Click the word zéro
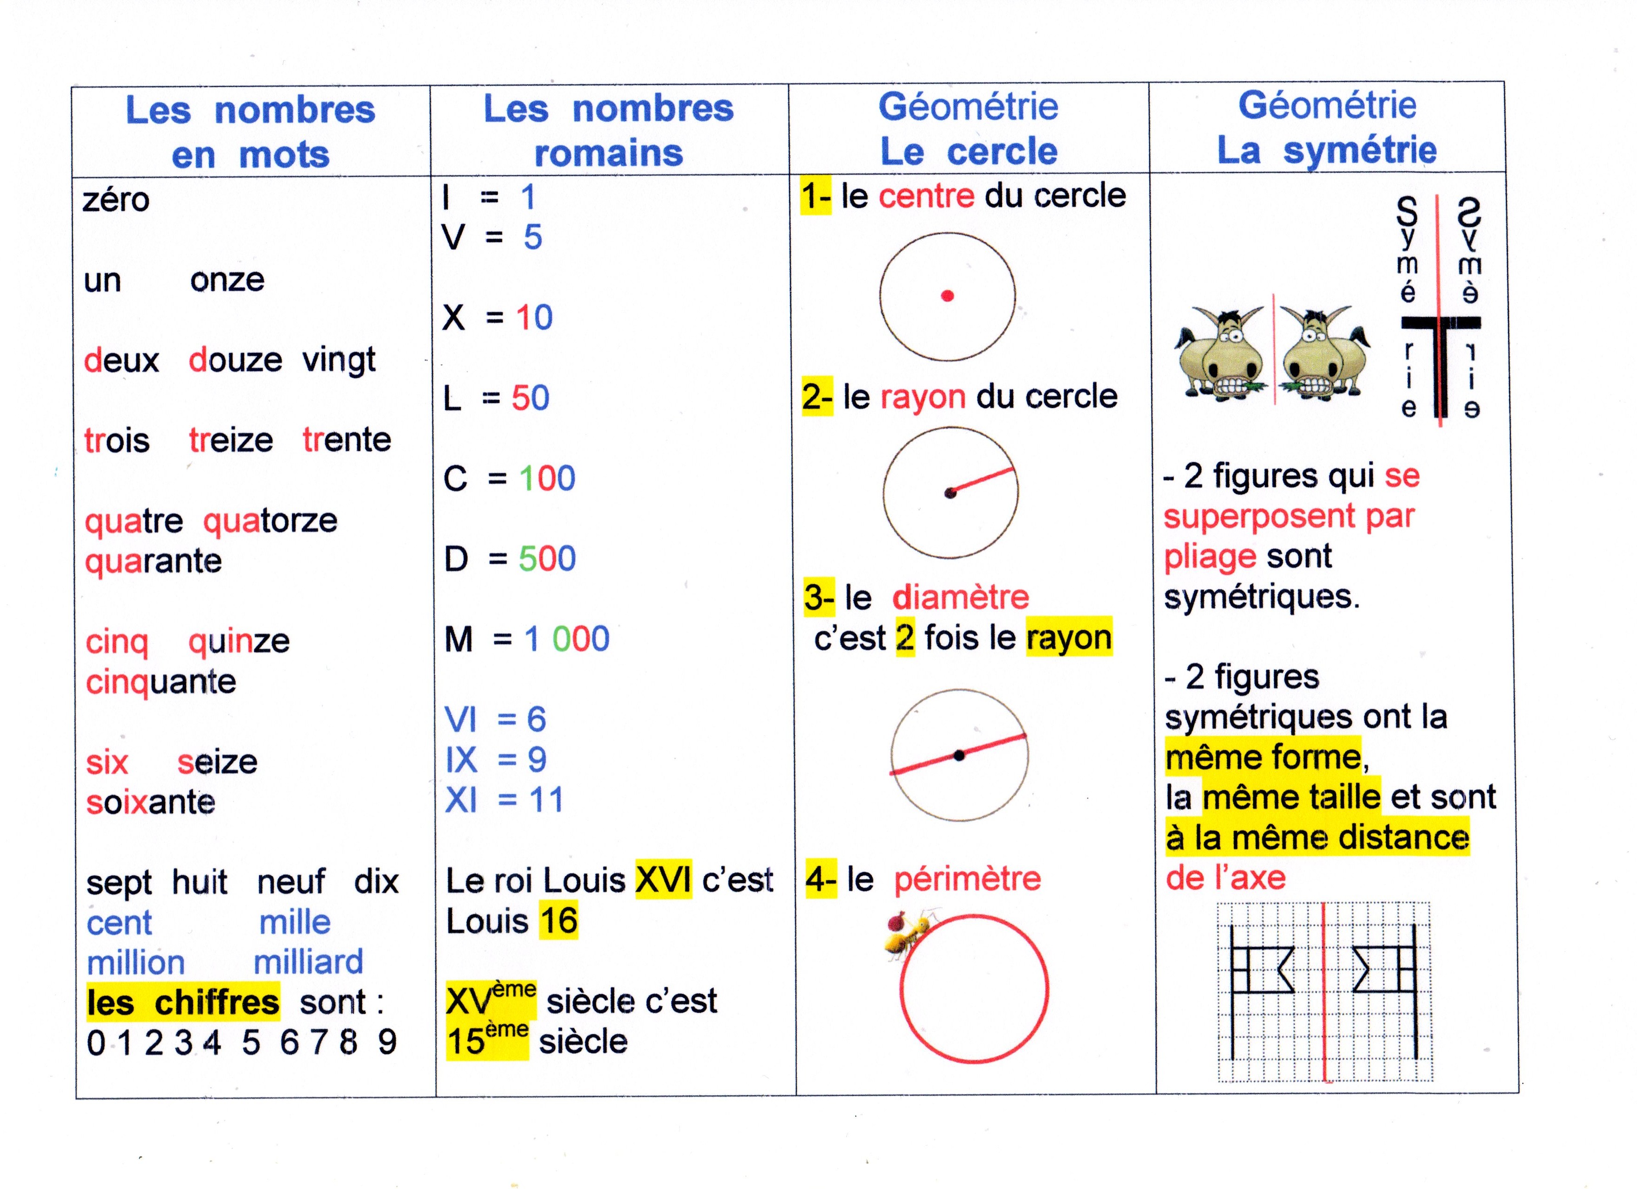click(x=116, y=200)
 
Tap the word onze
click(x=227, y=280)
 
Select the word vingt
click(x=339, y=360)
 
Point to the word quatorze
click(x=270, y=521)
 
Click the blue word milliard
click(x=308, y=962)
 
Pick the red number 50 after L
click(x=530, y=398)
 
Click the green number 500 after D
click(x=547, y=559)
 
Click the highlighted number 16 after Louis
click(x=559, y=920)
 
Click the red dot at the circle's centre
click(x=947, y=295)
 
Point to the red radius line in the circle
click(x=982, y=481)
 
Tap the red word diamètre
click(x=961, y=597)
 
